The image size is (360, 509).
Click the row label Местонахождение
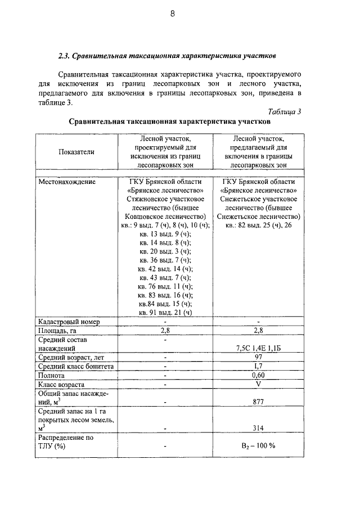pos(67,182)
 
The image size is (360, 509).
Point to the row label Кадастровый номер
pos(69,322)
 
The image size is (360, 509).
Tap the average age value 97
pos(258,358)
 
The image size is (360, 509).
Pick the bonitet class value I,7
pos(258,367)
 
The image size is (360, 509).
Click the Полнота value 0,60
pos(258,376)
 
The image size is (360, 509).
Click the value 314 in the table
pos(258,429)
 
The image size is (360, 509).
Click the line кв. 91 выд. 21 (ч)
pos(165,312)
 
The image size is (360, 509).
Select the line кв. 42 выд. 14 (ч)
pos(165,269)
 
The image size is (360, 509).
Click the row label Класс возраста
pos(64,385)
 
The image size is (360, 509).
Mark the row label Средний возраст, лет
pos(70,358)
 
